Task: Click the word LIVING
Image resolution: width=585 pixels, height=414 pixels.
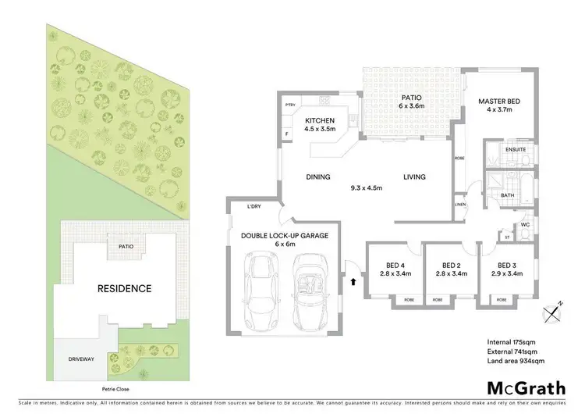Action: (x=414, y=177)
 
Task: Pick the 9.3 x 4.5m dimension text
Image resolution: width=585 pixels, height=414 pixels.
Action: (x=367, y=187)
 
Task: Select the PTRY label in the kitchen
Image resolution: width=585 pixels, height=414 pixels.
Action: (x=289, y=105)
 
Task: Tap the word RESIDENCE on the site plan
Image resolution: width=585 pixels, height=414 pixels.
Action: (x=124, y=288)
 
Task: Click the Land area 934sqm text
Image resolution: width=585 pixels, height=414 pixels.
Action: (x=516, y=360)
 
